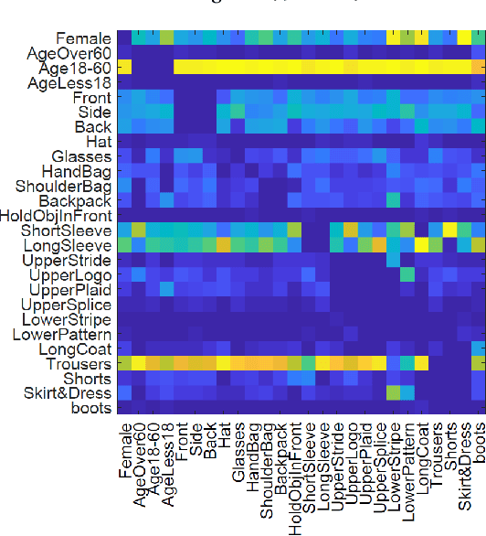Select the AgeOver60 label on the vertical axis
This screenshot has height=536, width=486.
pyautogui.click(x=70, y=54)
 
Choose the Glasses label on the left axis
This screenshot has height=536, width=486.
pyautogui.click(x=82, y=156)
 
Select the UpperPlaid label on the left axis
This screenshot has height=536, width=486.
pyautogui.click(x=70, y=290)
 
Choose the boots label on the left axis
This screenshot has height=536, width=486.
pyautogui.click(x=91, y=408)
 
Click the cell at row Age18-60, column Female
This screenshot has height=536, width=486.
pyautogui.click(x=124, y=68)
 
